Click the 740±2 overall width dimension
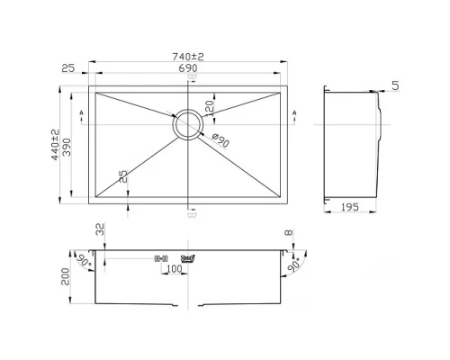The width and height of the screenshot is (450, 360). point(190,57)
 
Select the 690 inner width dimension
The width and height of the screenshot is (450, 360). point(190,69)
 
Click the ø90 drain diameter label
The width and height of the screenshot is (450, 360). point(217,138)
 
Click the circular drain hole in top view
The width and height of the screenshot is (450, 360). point(190,124)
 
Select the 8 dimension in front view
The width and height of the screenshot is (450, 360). point(288,235)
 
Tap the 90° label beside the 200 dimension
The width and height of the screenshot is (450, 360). point(84,261)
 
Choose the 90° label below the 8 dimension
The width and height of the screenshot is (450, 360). point(292,267)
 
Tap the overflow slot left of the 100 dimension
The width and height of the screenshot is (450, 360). point(163,257)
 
